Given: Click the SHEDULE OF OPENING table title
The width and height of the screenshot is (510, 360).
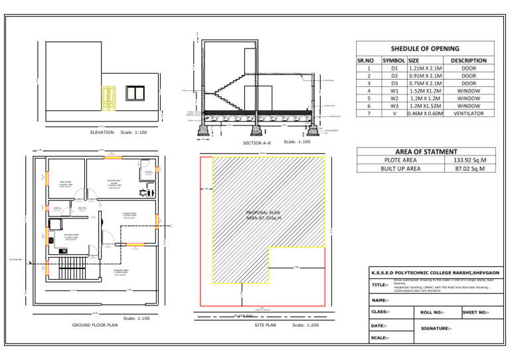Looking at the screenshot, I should [425, 48].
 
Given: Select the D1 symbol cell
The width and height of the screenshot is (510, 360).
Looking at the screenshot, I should [394, 68].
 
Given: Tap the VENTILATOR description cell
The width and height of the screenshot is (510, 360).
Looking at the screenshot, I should [469, 114].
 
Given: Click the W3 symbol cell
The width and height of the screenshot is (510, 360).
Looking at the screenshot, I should [394, 106].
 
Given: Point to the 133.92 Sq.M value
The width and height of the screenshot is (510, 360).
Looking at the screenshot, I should [469, 160].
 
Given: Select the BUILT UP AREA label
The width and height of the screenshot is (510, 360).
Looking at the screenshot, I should [400, 169].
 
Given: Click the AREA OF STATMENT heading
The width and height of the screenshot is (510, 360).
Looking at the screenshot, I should [425, 151].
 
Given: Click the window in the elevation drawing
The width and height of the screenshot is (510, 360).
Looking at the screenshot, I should [135, 93].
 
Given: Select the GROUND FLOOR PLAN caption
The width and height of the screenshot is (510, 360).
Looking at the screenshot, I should [95, 325].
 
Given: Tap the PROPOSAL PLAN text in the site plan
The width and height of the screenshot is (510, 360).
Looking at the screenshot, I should [264, 213].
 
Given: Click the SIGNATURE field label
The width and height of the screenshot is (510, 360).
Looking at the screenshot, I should [436, 328].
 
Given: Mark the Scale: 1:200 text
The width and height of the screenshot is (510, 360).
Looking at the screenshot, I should [305, 325].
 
